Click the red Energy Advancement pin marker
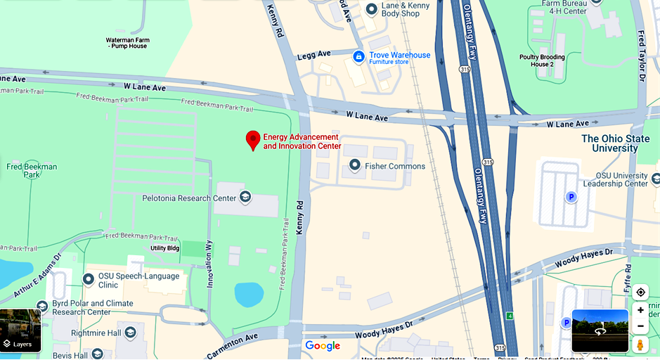(x=253, y=139)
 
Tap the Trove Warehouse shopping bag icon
(x=358, y=56)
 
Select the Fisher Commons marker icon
(x=355, y=165)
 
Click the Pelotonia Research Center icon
(x=245, y=197)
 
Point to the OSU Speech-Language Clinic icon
(x=89, y=279)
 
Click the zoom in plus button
(x=640, y=310)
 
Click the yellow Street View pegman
(x=640, y=345)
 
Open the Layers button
(x=20, y=330)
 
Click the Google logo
(x=323, y=345)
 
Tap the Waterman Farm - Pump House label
(x=127, y=43)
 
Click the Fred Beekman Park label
(x=32, y=171)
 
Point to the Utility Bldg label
(x=165, y=248)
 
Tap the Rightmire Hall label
(x=96, y=333)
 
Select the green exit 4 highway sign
(x=510, y=316)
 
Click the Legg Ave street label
(x=313, y=54)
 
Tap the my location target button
(x=640, y=292)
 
